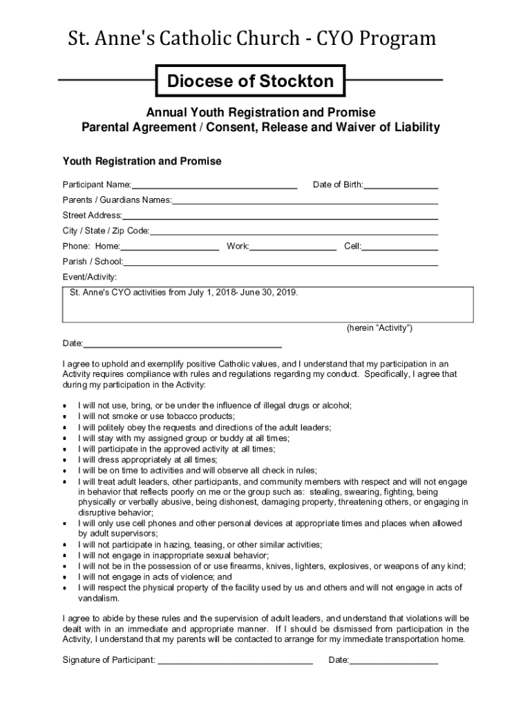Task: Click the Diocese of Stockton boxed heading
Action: [x=250, y=81]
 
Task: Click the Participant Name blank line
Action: [x=214, y=185]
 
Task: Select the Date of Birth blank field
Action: [x=401, y=185]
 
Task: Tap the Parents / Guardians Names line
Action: [x=305, y=201]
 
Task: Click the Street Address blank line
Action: [x=280, y=216]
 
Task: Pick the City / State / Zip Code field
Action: [x=294, y=231]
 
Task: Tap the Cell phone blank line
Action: [x=399, y=246]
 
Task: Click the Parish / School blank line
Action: [x=281, y=262]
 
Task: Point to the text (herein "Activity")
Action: [x=379, y=328]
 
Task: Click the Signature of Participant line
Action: [x=235, y=661]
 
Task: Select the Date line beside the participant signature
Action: [x=393, y=661]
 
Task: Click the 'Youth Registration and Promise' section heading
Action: [x=142, y=162]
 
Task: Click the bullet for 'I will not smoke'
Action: [x=65, y=417]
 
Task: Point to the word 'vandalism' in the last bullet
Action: [x=99, y=599]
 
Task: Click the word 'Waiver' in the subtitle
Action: [x=357, y=128]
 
